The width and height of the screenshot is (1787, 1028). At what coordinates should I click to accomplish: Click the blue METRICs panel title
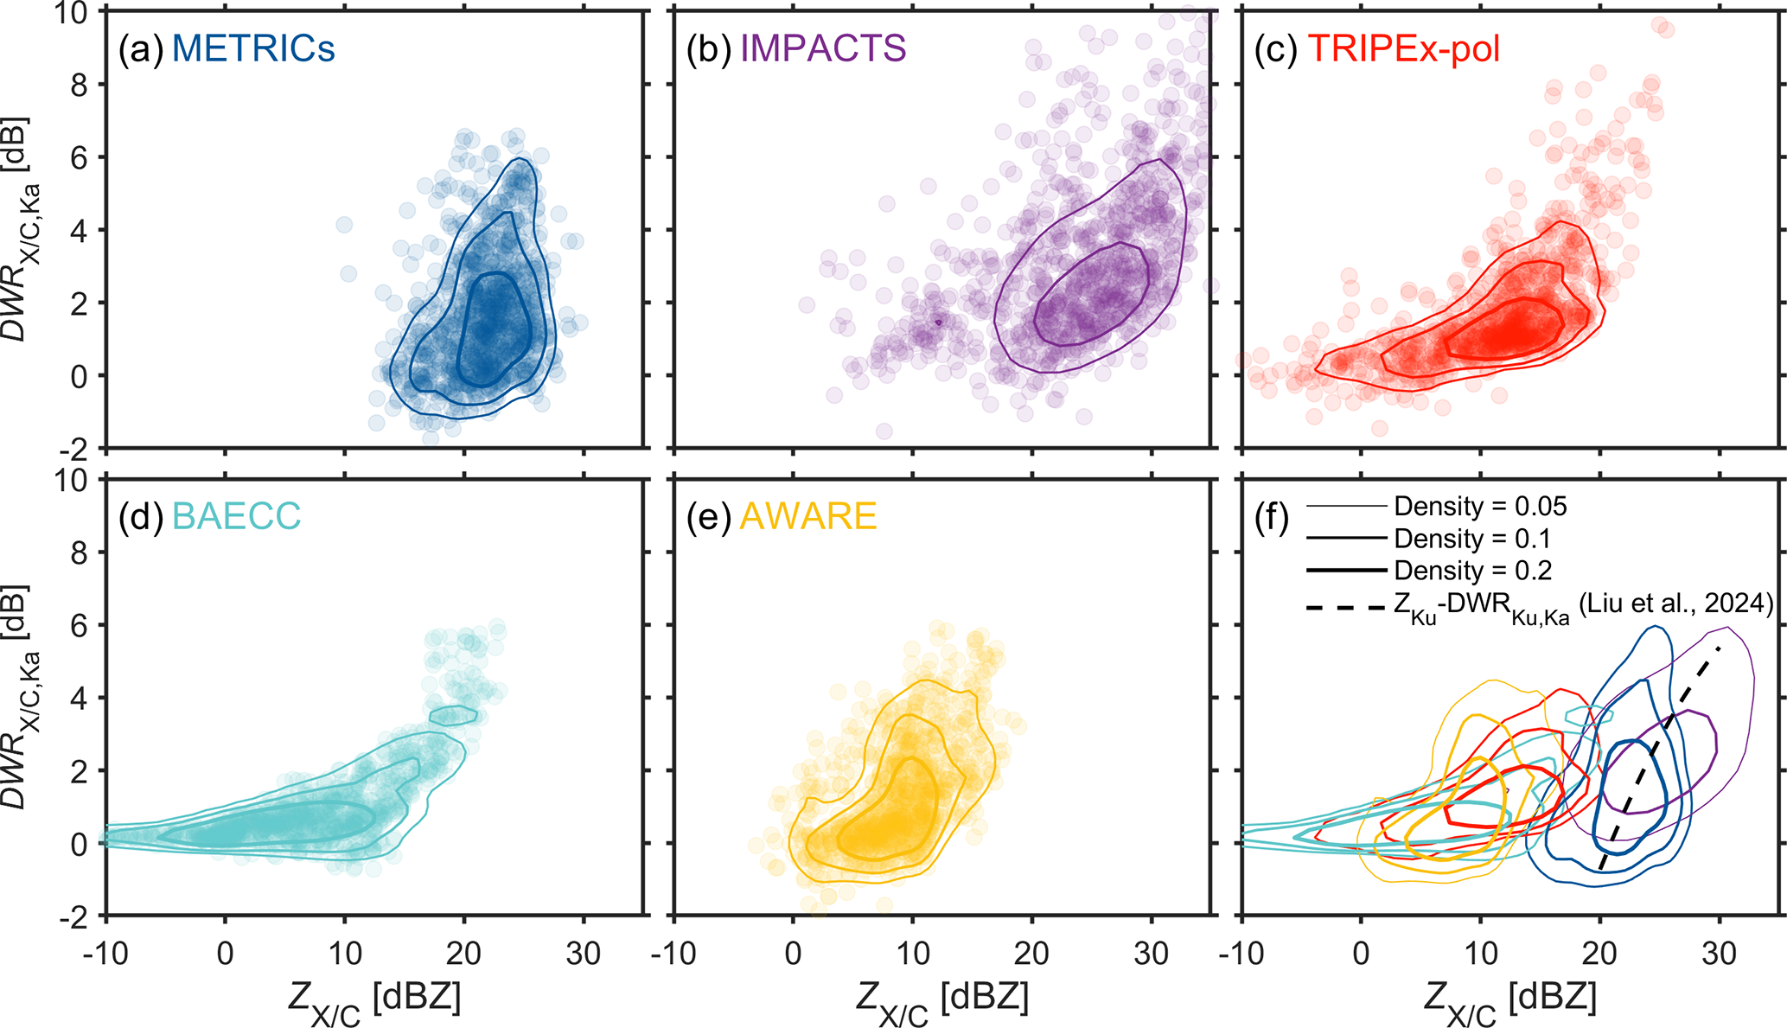coord(253,49)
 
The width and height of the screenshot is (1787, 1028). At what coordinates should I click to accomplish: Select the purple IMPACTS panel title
coord(823,49)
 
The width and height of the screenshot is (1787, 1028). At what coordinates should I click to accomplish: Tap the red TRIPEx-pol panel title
coord(1404,49)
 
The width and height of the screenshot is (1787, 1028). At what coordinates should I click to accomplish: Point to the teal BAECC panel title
coord(237,517)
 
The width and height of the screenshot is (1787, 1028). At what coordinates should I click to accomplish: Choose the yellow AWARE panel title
coord(808,517)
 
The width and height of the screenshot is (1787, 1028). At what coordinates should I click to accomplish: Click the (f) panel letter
coord(1271,519)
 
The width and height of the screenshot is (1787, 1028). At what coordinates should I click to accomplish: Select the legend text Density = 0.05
coord(1480,507)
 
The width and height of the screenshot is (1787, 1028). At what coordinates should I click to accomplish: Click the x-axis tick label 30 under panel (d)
coord(583,954)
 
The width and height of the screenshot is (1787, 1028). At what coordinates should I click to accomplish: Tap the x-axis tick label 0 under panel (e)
coord(793,954)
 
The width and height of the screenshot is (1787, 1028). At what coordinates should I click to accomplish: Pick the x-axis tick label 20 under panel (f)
coord(1599,954)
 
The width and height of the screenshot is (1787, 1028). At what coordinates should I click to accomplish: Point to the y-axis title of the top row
coord(22,229)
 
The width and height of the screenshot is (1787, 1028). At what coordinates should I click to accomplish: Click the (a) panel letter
coord(140,49)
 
